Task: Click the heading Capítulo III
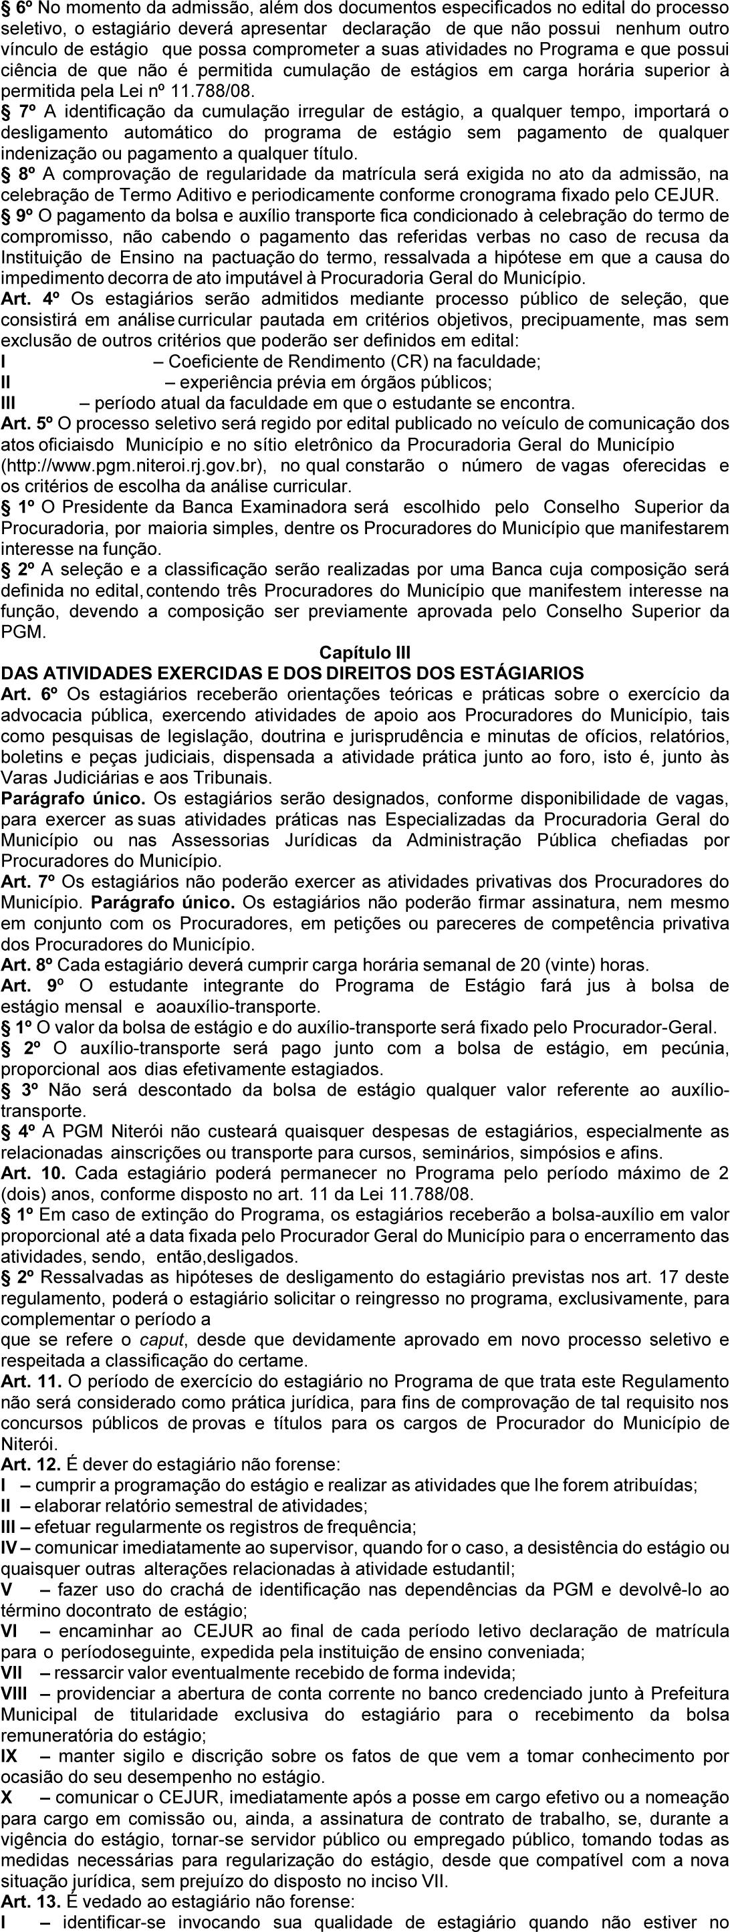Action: pos(364,652)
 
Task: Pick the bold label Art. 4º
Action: pos(27,299)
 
